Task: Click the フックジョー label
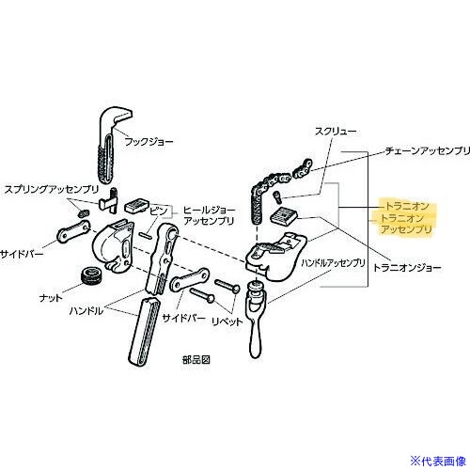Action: (x=149, y=142)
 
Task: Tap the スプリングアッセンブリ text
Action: (x=52, y=189)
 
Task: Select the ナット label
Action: (x=51, y=298)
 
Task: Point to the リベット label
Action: (x=227, y=321)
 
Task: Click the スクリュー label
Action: (x=336, y=132)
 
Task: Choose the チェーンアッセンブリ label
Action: (x=428, y=150)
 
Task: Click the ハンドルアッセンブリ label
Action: (x=333, y=262)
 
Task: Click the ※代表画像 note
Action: (x=438, y=461)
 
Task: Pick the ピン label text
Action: (x=159, y=211)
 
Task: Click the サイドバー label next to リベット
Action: (x=183, y=319)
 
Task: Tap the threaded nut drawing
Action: (x=91, y=275)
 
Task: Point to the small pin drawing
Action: (x=145, y=235)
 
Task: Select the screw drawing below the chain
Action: (x=277, y=196)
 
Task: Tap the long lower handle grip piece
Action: (x=145, y=332)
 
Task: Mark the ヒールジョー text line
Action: (x=209, y=210)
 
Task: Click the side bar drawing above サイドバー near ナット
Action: (x=73, y=231)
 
